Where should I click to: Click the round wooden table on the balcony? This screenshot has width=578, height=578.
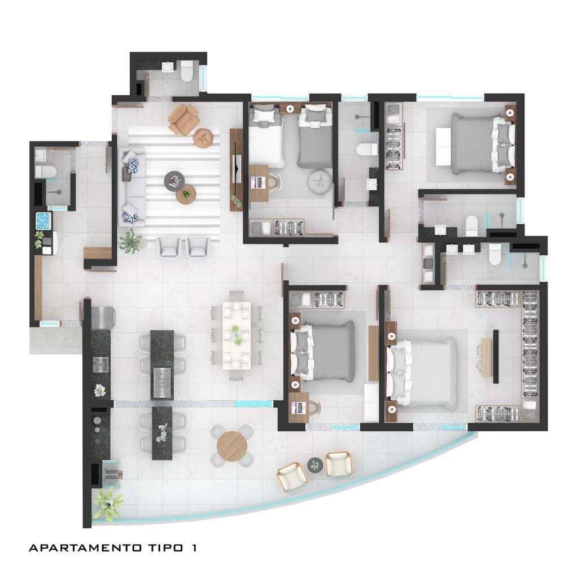point(232,447)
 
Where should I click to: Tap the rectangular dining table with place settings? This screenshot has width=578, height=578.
point(237,335)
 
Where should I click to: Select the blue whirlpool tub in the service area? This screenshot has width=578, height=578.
point(44,221)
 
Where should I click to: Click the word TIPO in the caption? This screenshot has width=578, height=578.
point(163,548)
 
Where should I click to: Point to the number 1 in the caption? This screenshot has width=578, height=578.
point(194,548)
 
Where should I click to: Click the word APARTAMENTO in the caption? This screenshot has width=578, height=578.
point(85,548)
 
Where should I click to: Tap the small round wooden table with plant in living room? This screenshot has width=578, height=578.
point(186,194)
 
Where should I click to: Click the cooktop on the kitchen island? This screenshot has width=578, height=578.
point(161,382)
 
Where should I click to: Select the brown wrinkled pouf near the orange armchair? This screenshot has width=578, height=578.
point(204,138)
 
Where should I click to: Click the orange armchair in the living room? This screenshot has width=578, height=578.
point(183,119)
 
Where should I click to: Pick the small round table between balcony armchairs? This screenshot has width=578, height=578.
point(315,465)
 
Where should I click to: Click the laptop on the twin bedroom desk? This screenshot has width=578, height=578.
point(258,182)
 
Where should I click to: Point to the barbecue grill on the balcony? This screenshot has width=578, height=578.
point(112,473)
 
